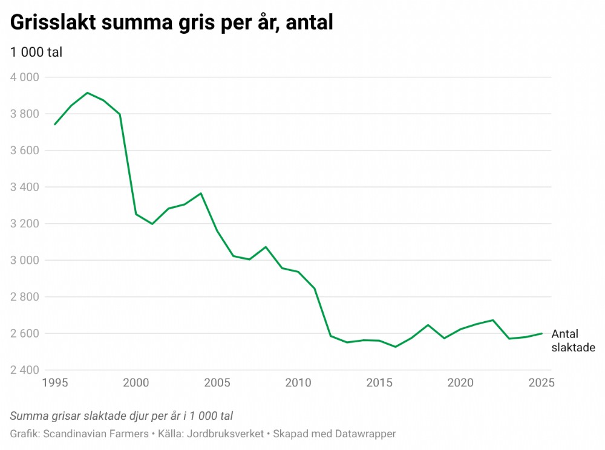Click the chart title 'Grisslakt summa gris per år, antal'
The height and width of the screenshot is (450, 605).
coord(172,23)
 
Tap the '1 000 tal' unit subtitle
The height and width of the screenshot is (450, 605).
coord(36,53)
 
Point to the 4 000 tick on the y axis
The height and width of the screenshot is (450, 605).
coord(24,77)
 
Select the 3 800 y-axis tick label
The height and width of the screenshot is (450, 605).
coord(24,114)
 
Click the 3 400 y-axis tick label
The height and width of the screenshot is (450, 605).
coord(24,187)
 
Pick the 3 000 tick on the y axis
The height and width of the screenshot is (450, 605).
coord(24,260)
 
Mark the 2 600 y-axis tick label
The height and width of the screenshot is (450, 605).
coord(24,333)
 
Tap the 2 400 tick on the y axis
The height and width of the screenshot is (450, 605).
coord(24,370)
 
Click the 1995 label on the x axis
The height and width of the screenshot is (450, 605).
coord(55,383)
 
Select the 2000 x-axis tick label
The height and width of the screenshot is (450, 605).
coord(136,383)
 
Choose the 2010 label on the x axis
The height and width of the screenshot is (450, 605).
coord(298,383)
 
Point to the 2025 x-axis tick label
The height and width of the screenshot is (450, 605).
coord(541,383)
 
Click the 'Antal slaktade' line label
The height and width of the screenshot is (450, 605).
coord(573,341)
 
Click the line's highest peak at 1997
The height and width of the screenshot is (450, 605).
coord(87,93)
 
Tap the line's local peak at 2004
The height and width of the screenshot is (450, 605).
coord(201,194)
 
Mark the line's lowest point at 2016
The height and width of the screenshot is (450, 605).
coord(395,347)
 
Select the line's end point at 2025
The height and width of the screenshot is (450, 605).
coord(541,333)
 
